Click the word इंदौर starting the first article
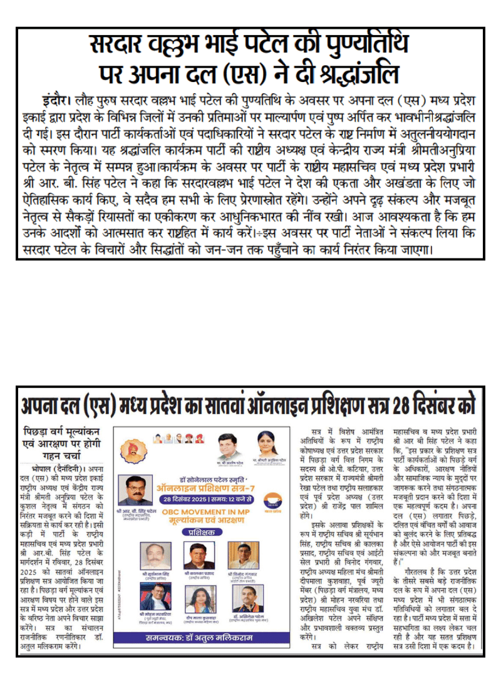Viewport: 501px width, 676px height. coord(54,100)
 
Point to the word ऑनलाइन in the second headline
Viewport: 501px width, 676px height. coord(275,405)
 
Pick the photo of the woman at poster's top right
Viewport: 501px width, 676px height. coord(266,444)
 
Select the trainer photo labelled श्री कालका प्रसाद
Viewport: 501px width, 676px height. coord(199,556)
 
